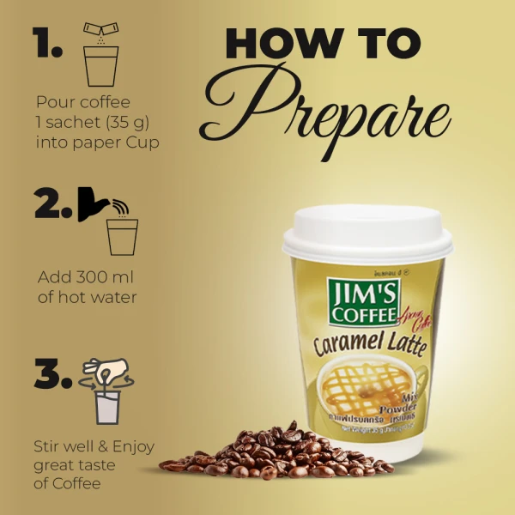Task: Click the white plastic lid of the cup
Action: point(367,232)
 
